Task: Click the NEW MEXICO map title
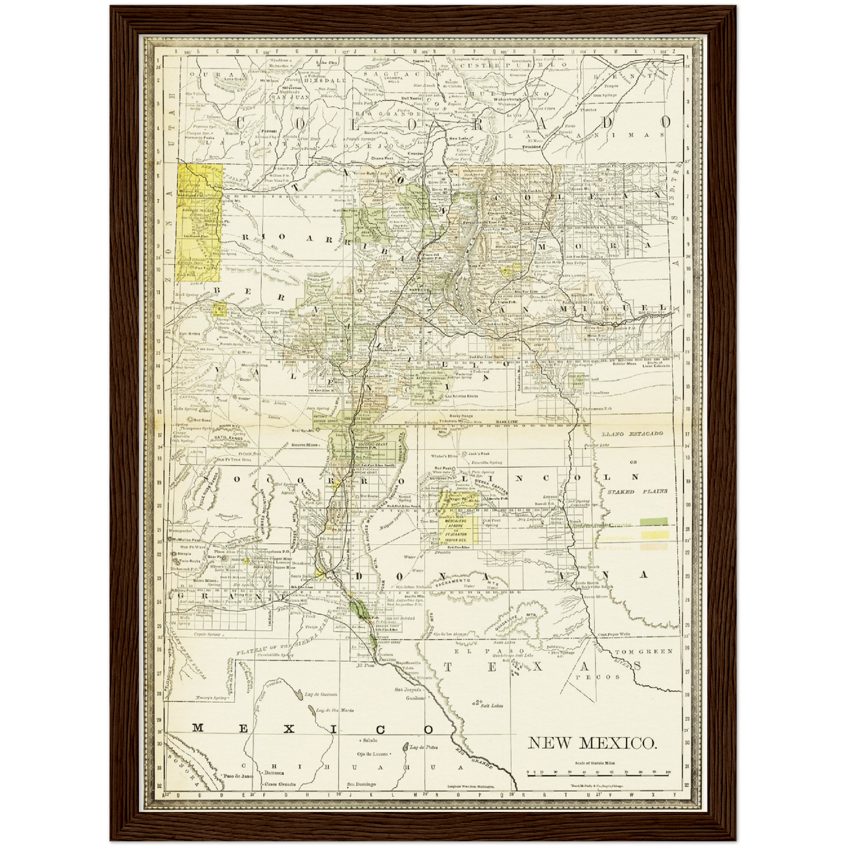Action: point(592,743)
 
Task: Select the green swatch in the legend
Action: point(654,521)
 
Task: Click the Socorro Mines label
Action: point(306,445)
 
